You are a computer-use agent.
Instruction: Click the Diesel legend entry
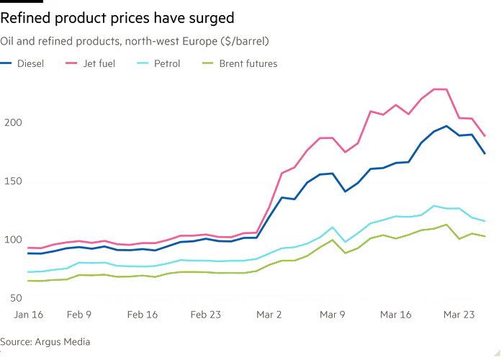pyautogui.click(x=26, y=63)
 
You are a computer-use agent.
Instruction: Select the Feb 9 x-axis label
pyautogui.click(x=79, y=314)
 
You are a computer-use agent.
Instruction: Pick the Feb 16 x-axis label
pyautogui.click(x=142, y=314)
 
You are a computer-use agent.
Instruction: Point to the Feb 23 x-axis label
pyautogui.click(x=205, y=314)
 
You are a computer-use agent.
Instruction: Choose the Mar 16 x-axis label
pyautogui.click(x=396, y=314)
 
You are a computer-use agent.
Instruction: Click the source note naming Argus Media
pyautogui.click(x=45, y=341)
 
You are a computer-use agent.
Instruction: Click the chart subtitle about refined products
pyautogui.click(x=134, y=42)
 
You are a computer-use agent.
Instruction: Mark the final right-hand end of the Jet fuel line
pyautogui.click(x=486, y=135)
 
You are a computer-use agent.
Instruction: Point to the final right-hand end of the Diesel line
pyautogui.click(x=486, y=154)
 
